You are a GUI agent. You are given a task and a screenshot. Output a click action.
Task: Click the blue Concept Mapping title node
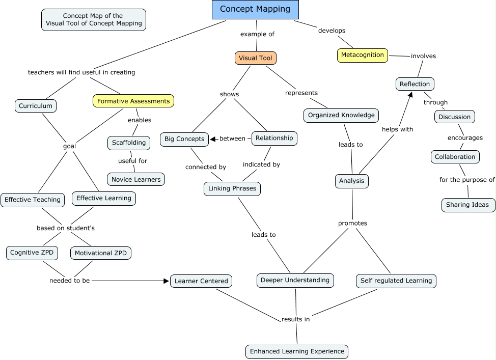(x=255, y=9)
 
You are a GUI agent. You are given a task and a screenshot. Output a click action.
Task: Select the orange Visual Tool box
(x=255, y=58)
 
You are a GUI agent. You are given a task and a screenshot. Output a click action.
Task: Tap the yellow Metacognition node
(x=363, y=55)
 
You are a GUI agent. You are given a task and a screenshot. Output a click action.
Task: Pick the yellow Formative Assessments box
(x=133, y=101)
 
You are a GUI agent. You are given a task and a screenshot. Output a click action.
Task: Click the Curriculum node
(x=36, y=106)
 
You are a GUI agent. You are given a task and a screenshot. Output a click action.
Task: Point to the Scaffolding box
(x=129, y=143)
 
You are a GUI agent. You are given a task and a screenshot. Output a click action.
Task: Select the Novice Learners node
(x=136, y=179)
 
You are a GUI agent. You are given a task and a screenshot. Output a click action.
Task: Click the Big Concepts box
(x=184, y=139)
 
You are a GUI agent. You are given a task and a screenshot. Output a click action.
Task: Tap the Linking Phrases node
(x=232, y=189)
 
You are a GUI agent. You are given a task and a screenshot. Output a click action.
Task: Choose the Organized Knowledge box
(x=341, y=115)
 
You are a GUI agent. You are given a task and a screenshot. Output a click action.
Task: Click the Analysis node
(x=352, y=181)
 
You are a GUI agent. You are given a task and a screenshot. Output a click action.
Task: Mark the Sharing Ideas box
(x=467, y=205)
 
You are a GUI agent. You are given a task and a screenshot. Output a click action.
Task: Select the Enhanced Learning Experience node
(x=297, y=351)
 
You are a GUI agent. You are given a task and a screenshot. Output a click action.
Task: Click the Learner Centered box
(x=201, y=281)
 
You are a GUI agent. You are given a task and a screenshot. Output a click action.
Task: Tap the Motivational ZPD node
(x=101, y=253)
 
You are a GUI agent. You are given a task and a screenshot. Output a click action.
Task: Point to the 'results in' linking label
(x=296, y=319)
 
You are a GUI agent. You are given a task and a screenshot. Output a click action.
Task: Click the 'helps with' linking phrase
(x=397, y=129)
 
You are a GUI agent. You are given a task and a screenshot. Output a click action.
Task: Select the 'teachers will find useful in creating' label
(x=81, y=72)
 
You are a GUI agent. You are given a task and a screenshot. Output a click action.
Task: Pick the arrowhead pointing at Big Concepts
(x=213, y=139)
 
